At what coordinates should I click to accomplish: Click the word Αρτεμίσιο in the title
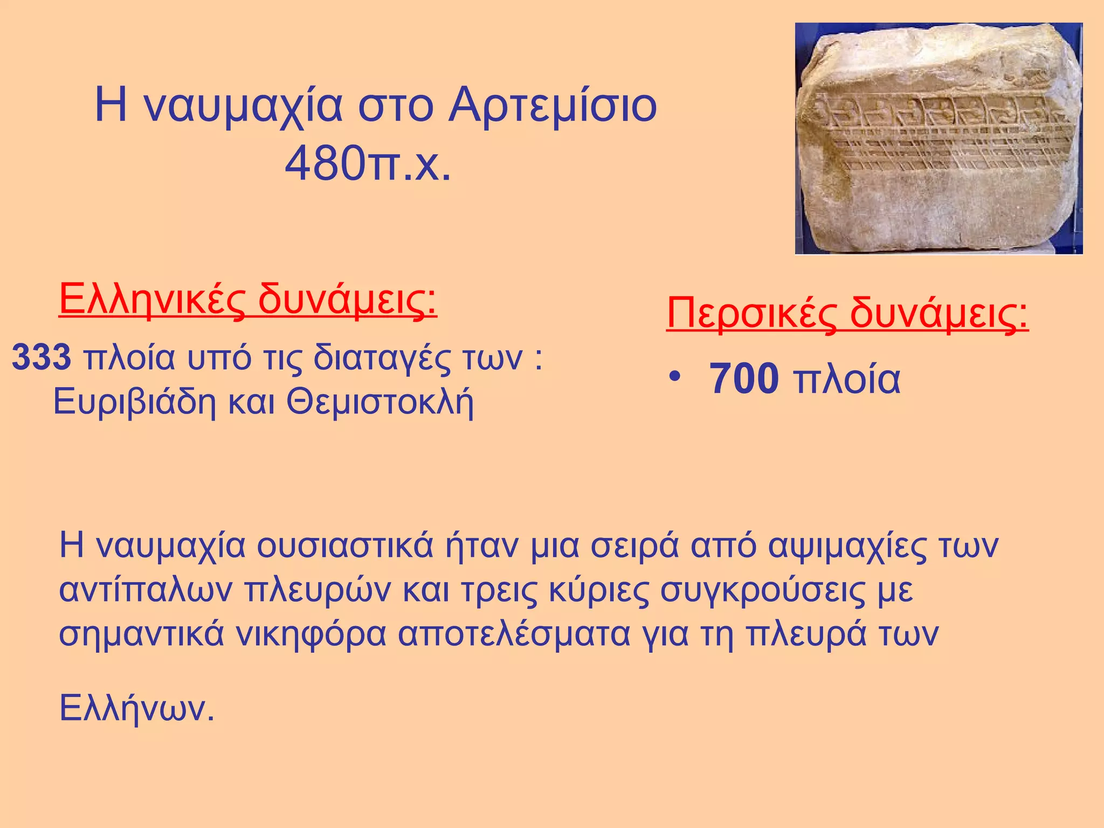553,106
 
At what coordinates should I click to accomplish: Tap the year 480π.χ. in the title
368,163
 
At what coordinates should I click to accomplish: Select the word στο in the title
396,106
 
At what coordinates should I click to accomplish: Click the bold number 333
42,357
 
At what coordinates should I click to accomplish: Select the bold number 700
744,379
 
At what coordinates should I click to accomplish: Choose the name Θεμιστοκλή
380,402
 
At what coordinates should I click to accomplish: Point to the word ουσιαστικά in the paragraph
345,546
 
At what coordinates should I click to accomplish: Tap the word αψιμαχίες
846,546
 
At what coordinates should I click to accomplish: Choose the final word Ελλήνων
137,708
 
